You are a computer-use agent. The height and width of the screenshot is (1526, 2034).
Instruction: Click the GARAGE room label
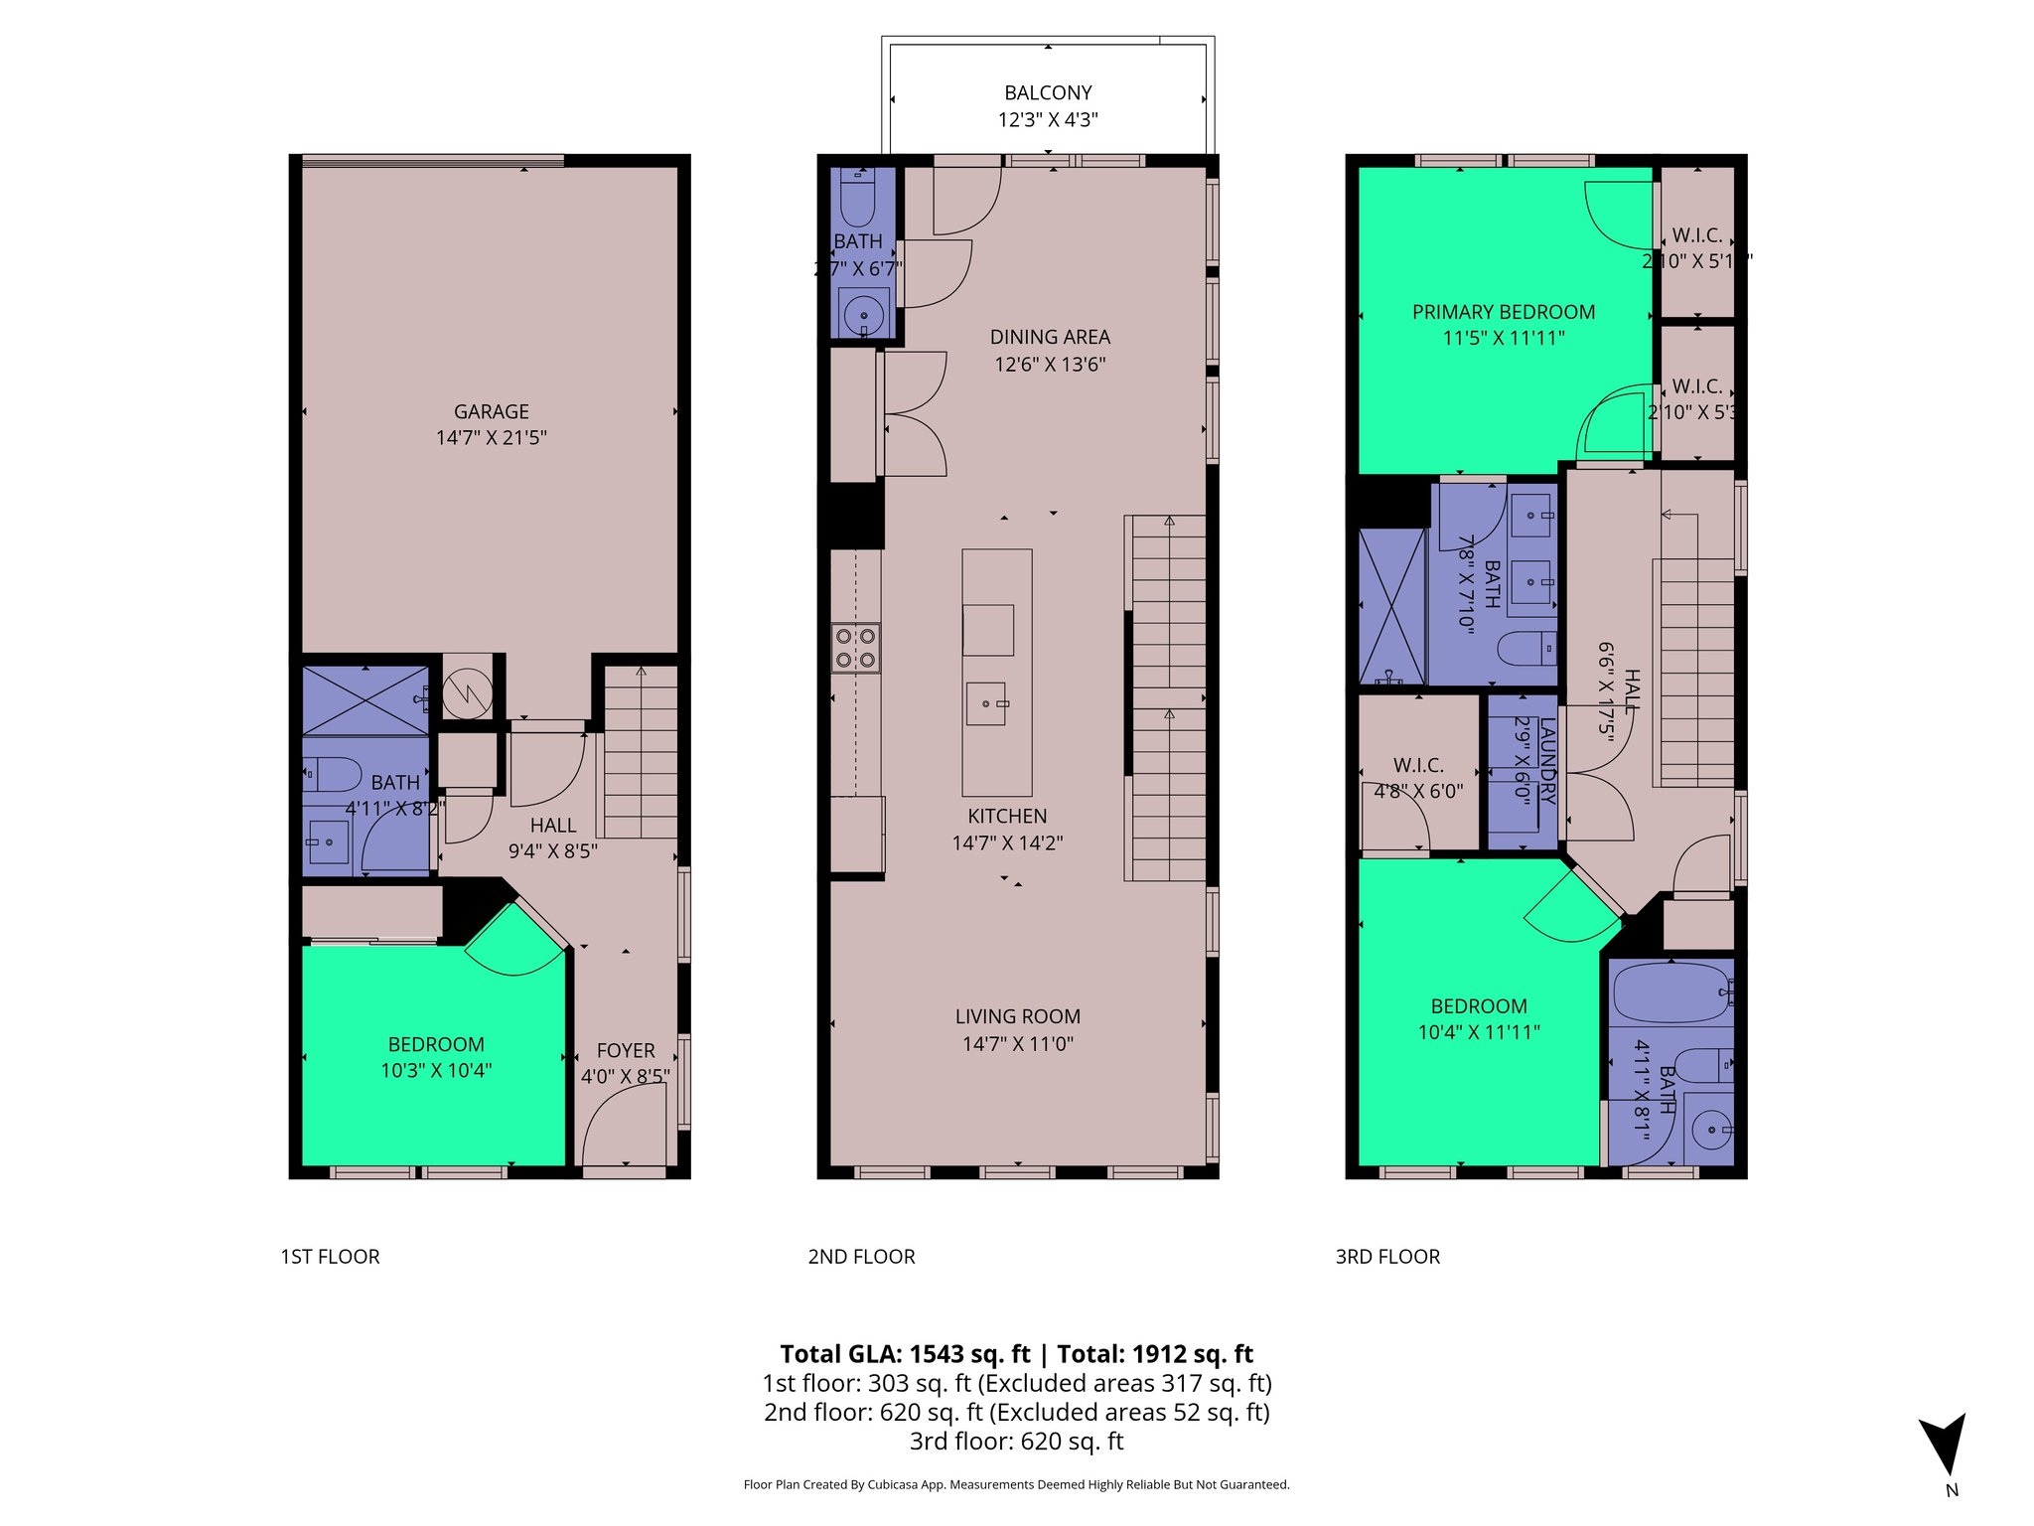pos(491,411)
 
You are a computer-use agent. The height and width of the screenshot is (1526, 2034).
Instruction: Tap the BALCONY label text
pos(1048,93)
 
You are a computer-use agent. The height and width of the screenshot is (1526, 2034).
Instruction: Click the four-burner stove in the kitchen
pos(855,648)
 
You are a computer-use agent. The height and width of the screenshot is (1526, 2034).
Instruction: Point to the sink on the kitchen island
pos(986,703)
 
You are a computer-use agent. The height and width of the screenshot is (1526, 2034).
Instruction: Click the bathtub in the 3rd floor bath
pos(1672,992)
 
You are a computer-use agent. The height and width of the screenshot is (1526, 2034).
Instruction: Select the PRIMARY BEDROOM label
pos(1504,312)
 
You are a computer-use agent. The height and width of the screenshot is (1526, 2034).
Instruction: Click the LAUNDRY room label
pos(1546,763)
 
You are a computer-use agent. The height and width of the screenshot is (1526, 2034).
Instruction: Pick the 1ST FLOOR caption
pos(330,1257)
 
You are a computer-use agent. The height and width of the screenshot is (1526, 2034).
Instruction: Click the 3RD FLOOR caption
pos(1387,1257)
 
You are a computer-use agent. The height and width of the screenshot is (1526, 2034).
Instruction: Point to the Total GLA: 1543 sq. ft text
pos(905,1354)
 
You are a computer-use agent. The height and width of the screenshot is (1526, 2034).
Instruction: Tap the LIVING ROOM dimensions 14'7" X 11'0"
pos(1017,1044)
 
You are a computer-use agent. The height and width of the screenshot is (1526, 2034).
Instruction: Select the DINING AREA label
pos(1050,338)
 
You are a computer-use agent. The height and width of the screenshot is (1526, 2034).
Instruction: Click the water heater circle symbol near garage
pos(467,691)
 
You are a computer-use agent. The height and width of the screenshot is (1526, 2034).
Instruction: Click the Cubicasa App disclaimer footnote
pos(1016,1485)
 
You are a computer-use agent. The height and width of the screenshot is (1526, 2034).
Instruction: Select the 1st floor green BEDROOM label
pos(436,1045)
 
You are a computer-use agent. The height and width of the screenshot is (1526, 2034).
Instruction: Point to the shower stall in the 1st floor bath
pos(365,700)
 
